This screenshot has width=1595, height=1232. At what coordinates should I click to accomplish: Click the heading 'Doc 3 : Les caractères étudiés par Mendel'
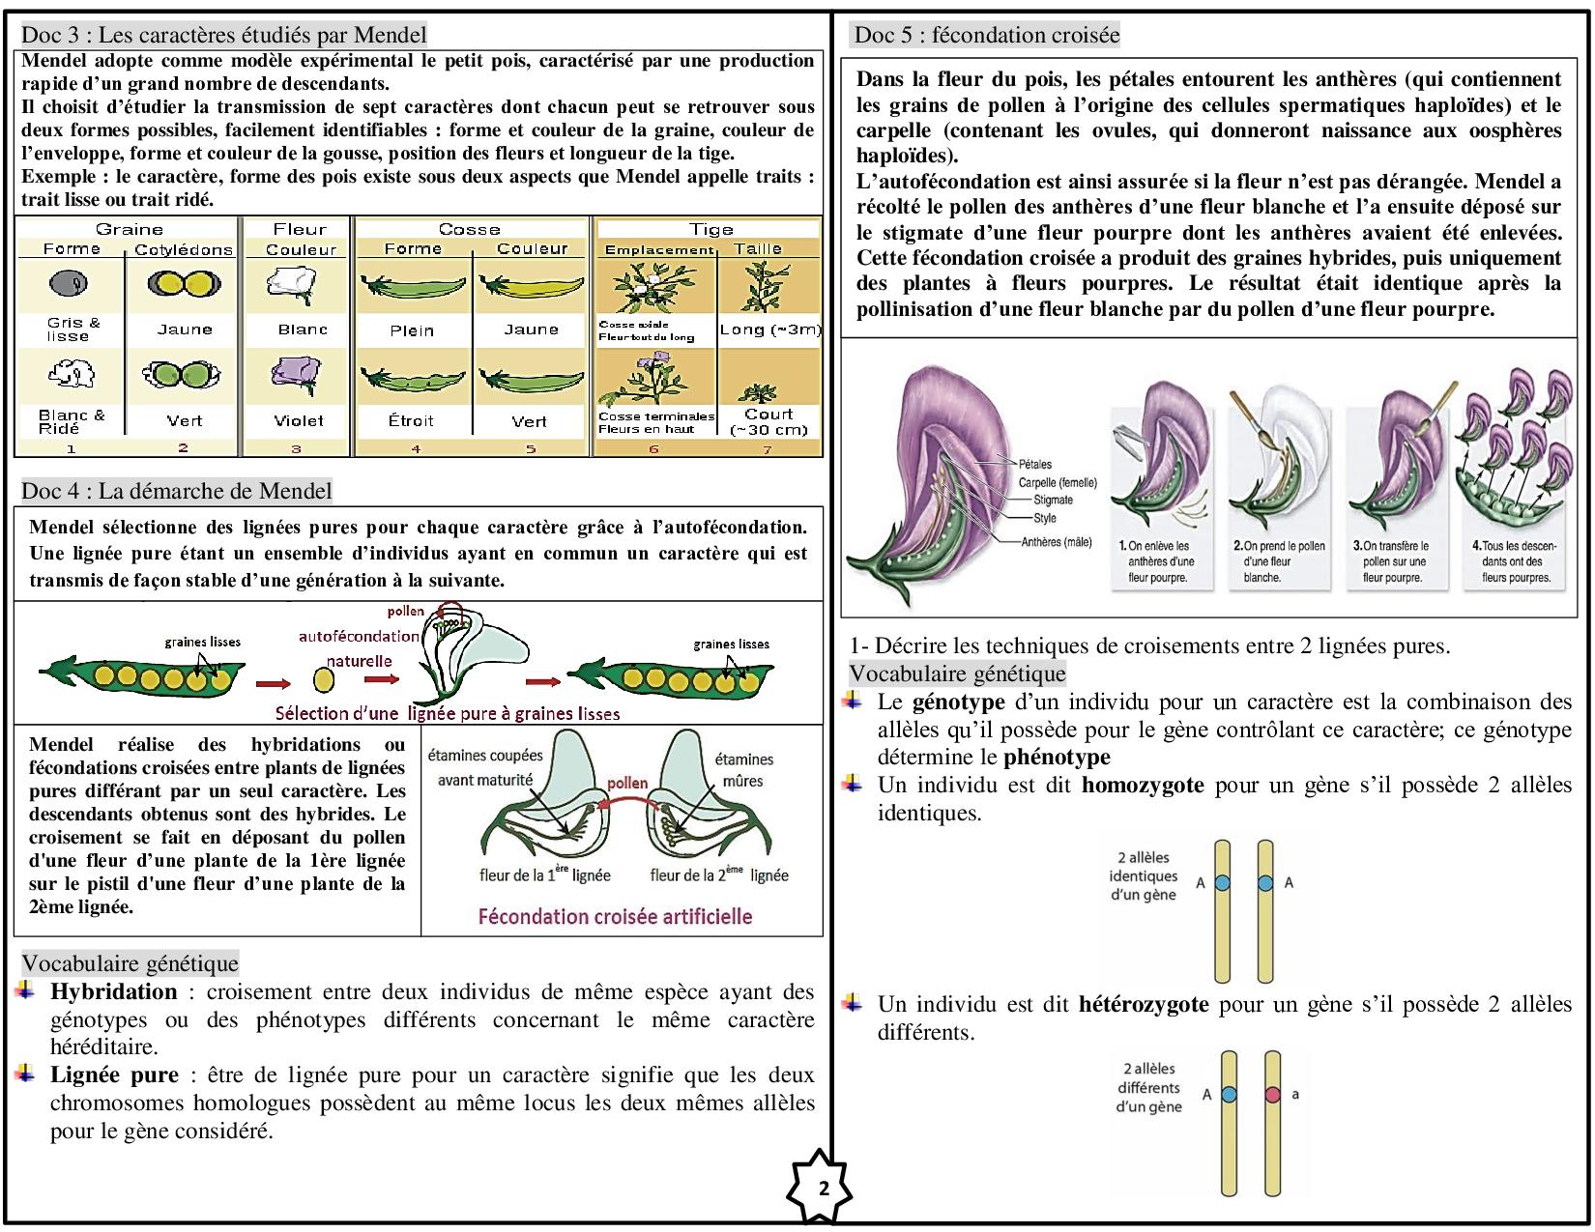[223, 36]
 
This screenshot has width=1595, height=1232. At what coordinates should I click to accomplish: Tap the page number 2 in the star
[824, 1188]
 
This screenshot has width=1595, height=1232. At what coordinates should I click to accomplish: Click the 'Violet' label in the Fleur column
[299, 421]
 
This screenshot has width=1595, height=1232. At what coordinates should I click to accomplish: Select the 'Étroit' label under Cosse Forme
[411, 421]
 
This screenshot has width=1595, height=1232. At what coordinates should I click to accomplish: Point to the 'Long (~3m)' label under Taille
[769, 329]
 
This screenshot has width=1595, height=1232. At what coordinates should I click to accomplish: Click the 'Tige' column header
[710, 229]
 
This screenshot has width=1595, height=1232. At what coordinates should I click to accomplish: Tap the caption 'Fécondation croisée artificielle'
[615, 916]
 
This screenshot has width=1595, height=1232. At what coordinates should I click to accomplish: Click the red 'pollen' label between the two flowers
[627, 783]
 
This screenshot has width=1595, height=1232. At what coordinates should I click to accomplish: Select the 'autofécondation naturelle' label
[359, 648]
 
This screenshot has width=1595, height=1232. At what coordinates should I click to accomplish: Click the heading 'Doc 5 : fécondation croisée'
[987, 36]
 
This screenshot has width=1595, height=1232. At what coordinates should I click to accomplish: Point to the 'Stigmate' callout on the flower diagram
[1053, 500]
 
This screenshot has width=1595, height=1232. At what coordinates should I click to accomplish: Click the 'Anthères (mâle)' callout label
[1056, 542]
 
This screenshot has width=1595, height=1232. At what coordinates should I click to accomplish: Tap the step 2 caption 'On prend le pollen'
[1278, 546]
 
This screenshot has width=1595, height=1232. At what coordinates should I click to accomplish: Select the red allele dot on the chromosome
[1272, 1094]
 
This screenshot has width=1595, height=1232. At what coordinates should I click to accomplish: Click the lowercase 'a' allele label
[1295, 1094]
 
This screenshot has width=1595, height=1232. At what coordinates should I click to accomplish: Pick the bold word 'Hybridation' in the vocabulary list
[114, 991]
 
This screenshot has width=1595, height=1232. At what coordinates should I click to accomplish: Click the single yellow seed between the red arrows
[325, 680]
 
